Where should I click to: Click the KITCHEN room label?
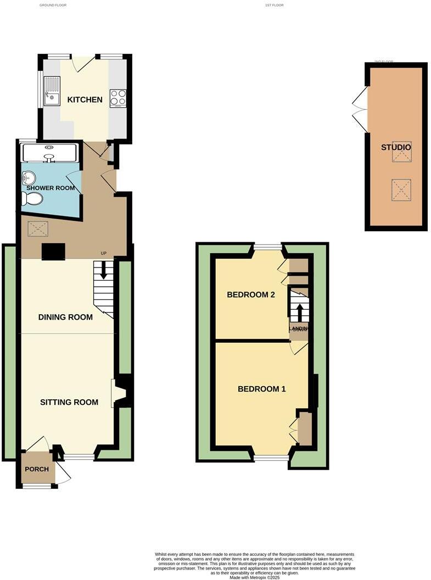85,100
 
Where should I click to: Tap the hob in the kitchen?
118,98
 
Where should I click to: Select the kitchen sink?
53,98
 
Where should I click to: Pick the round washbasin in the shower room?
29,177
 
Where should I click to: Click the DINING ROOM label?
65,317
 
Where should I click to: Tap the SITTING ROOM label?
69,402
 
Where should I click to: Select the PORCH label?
37,469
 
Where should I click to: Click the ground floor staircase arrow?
103,272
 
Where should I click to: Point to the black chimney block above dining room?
53,251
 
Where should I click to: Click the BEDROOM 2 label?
251,294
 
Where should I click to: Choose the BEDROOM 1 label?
262,389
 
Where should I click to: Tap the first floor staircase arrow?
300,313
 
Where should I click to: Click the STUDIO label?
396,147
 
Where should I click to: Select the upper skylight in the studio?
401,155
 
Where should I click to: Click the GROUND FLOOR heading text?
54,5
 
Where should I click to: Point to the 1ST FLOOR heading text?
274,5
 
